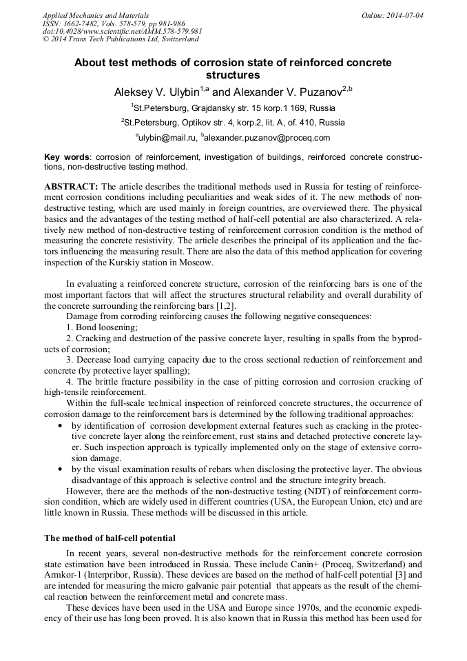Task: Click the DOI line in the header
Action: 122,31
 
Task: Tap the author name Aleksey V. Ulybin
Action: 156,92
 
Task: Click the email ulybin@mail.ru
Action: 165,137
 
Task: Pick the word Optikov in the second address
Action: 200,123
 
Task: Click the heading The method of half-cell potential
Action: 110,537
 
